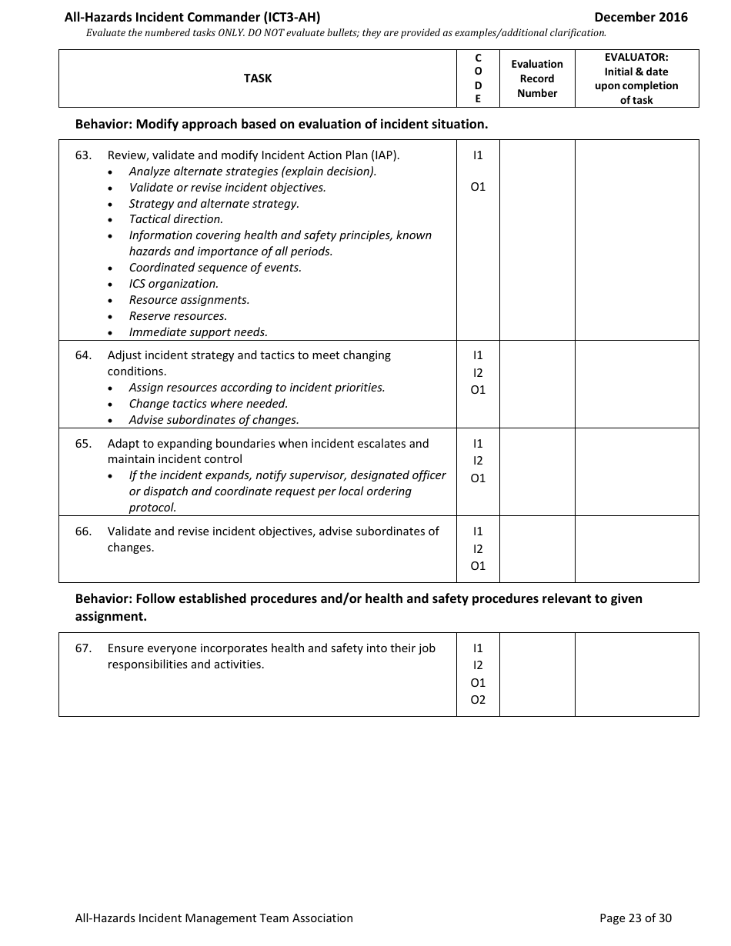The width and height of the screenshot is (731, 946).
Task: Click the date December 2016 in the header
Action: click(x=641, y=17)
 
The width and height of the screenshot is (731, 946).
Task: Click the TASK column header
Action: click(x=258, y=78)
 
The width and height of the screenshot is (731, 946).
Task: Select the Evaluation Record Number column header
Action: click(x=537, y=78)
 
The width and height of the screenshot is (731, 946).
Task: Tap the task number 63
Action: click(x=83, y=155)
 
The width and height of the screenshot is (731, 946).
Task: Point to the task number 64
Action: click(x=83, y=355)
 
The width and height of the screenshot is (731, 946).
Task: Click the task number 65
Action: click(x=83, y=444)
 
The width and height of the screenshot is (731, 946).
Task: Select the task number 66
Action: click(x=83, y=531)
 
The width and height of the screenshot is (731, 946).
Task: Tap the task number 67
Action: click(x=83, y=648)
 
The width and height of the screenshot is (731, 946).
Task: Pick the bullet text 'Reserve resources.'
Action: click(x=178, y=316)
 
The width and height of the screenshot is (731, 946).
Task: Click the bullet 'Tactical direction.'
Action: click(x=176, y=219)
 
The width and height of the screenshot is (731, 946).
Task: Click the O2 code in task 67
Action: click(x=478, y=700)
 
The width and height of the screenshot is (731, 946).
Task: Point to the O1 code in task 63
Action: click(x=478, y=187)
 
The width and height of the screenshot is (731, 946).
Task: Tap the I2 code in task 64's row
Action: click(x=478, y=373)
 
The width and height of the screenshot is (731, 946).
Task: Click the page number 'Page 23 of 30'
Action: click(x=635, y=918)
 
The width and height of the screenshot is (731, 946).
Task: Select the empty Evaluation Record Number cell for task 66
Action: click(x=537, y=549)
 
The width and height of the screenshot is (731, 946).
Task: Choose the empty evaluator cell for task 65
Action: click(x=636, y=471)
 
